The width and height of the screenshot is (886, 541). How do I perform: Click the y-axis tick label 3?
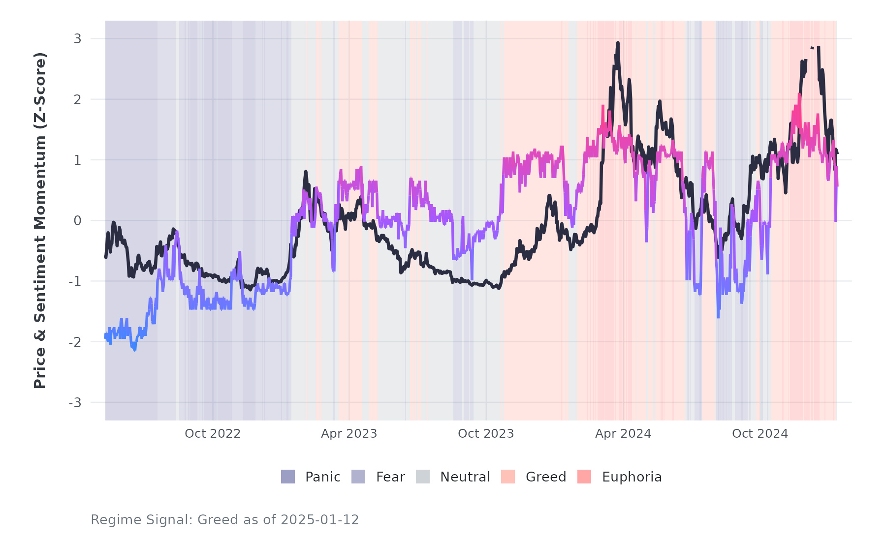(x=77, y=39)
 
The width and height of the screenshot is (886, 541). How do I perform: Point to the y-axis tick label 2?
(x=77, y=99)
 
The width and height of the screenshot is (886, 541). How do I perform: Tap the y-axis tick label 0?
(x=77, y=221)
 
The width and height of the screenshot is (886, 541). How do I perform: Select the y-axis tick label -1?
(x=75, y=281)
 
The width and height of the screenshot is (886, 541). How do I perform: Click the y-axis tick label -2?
(x=75, y=342)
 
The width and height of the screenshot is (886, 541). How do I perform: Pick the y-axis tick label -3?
(x=75, y=403)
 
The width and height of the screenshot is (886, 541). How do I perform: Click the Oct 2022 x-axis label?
(x=213, y=434)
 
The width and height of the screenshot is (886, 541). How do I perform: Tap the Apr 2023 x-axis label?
(x=349, y=434)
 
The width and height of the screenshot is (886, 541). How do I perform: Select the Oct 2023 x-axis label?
(x=486, y=434)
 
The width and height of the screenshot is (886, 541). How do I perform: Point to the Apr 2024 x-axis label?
(x=623, y=434)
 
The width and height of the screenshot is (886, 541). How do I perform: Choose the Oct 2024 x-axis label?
(x=760, y=434)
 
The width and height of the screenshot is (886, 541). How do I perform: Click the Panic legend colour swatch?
(x=288, y=477)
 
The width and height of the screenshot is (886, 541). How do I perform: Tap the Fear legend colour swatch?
(x=358, y=477)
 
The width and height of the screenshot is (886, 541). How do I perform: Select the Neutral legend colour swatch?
(x=423, y=477)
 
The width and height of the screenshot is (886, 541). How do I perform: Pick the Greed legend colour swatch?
(x=508, y=477)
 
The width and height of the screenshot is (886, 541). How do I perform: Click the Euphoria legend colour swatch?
(x=584, y=477)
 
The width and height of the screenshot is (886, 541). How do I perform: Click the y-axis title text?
(x=40, y=220)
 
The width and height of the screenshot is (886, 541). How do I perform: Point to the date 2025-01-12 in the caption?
(x=320, y=520)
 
